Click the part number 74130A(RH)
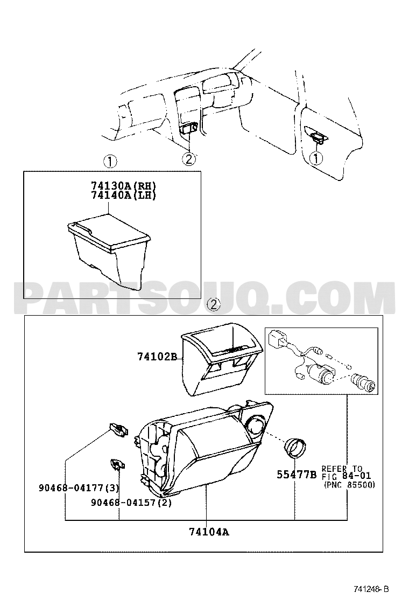coord(124,186)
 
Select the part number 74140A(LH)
coord(124,195)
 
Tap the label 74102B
coord(157,357)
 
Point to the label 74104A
coord(209,531)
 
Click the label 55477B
coord(297,475)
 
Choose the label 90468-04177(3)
coord(79,488)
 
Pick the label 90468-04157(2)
coord(131,503)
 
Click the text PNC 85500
coord(350,485)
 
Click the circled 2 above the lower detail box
coord(214,304)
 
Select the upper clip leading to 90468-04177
coord(118,429)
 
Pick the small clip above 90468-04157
coord(118,464)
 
